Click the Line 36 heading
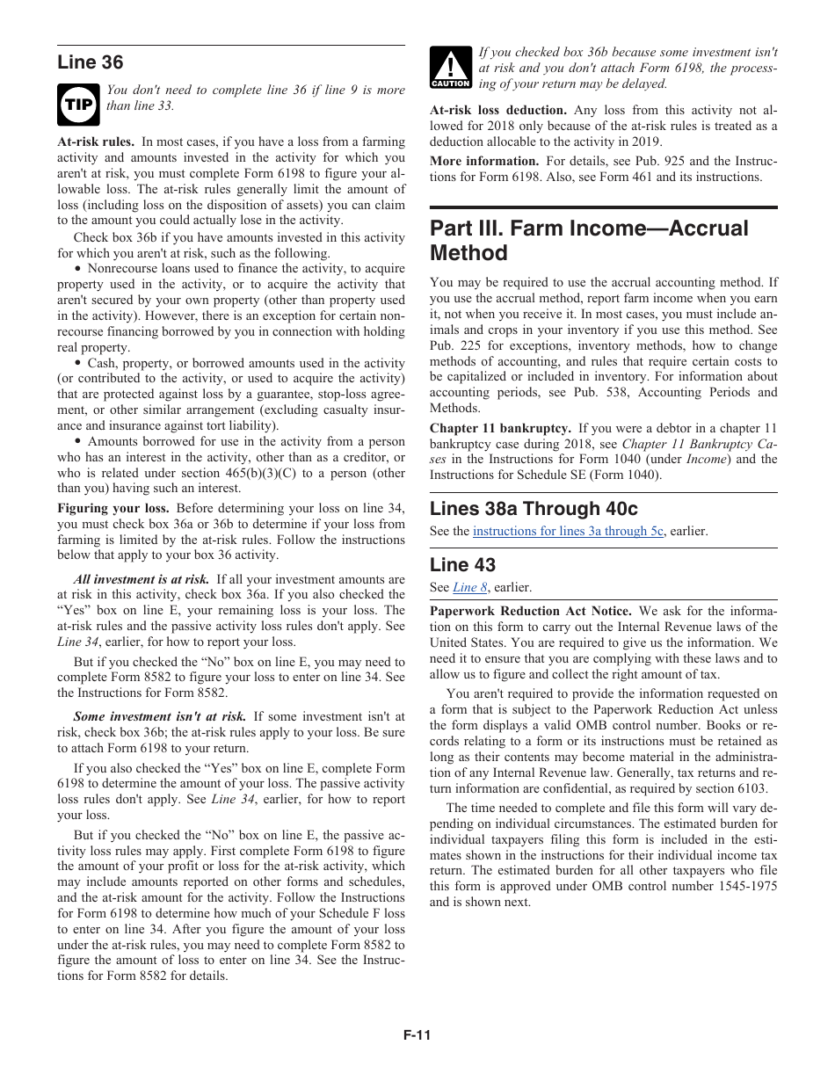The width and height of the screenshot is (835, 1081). tap(91, 62)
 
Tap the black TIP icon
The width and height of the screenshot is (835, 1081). tap(77, 105)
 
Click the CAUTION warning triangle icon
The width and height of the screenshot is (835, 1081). tap(450, 68)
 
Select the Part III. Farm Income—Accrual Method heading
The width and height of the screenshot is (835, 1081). tap(589, 241)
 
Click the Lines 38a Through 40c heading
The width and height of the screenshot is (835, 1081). tap(534, 509)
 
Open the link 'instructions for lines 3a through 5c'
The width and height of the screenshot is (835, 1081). tap(568, 531)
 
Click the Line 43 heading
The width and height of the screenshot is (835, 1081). tap(462, 565)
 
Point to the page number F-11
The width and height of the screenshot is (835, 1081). tap(417, 1035)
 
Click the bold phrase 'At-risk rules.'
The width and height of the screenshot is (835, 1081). tap(96, 141)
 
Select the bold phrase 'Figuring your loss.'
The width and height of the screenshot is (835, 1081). tap(113, 508)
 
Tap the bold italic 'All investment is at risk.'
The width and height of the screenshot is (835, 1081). tap(142, 579)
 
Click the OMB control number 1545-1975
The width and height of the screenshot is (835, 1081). tap(743, 886)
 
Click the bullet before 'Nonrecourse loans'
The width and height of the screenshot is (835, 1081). tap(78, 268)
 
